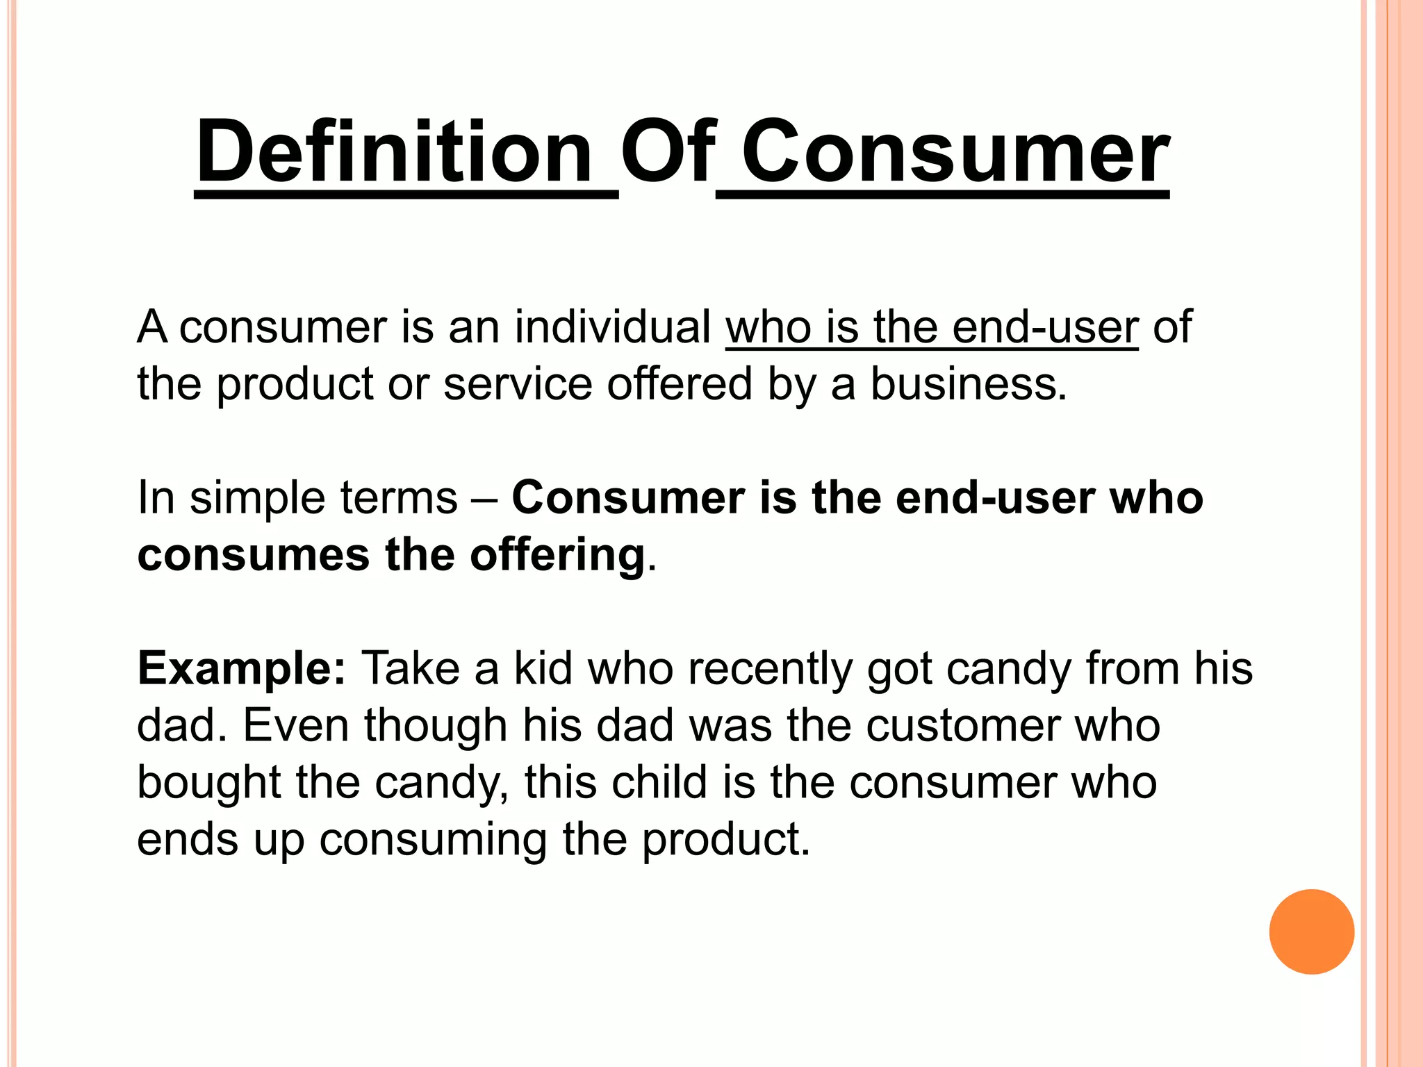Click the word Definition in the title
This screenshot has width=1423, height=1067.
click(x=394, y=151)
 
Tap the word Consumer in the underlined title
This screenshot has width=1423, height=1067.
click(x=955, y=151)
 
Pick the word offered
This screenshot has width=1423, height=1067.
click(x=680, y=384)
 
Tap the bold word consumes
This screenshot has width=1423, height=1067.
click(x=254, y=555)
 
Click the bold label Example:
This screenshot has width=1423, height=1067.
click(x=241, y=668)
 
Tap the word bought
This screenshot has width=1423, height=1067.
click(x=209, y=782)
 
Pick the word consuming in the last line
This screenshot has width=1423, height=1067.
click(x=434, y=840)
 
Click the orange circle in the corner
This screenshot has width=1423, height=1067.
click(x=1311, y=932)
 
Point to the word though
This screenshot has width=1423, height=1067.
click(x=436, y=725)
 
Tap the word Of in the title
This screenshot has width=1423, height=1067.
click(x=667, y=151)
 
